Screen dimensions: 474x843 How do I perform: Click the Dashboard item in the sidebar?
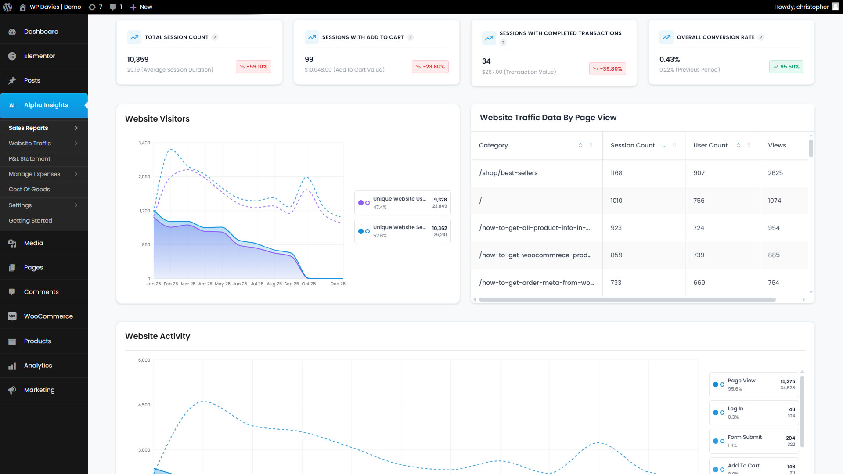(41, 32)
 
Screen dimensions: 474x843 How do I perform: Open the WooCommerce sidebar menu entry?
(48, 316)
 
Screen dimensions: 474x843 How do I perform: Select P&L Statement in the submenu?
(29, 158)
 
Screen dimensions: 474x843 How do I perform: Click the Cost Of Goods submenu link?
(29, 189)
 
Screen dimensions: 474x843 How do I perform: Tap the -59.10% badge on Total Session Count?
(254, 67)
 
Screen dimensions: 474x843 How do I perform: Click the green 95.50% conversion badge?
(786, 67)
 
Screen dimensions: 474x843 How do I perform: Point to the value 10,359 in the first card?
(138, 59)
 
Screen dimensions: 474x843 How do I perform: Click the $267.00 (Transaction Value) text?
(519, 72)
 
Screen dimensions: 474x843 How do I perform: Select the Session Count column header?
(632, 145)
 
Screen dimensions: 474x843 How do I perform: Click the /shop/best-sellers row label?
(508, 173)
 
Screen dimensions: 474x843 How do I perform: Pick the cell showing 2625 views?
(775, 173)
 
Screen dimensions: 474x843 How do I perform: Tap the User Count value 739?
(699, 255)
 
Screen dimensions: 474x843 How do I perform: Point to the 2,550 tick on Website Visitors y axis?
(144, 177)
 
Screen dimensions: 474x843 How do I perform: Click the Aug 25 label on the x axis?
(274, 284)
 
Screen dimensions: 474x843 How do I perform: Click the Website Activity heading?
(157, 336)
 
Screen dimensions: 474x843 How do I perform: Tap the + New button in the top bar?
(141, 7)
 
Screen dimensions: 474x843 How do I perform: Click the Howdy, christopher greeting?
(801, 7)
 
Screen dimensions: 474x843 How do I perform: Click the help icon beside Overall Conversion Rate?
(761, 37)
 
